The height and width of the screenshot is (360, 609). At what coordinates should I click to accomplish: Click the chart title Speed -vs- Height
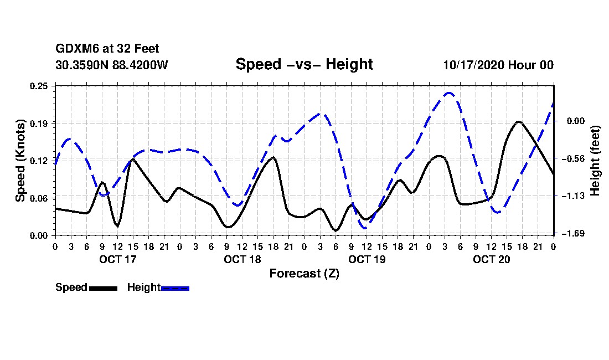coord(304,64)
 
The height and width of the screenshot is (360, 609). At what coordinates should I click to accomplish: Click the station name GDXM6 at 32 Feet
coord(107,49)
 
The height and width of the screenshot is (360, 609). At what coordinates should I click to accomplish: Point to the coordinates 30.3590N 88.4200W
coord(111,65)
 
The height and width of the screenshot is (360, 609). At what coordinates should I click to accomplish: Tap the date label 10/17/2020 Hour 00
coord(498,65)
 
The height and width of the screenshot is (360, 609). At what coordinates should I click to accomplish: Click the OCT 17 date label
coord(117,259)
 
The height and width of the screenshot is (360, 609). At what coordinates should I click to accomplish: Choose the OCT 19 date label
coord(367,259)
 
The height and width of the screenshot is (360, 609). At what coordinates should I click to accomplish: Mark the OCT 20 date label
coord(491,259)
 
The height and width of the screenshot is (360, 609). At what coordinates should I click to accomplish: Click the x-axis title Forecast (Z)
coord(304,273)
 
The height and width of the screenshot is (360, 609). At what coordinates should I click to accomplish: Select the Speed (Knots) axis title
coord(20,160)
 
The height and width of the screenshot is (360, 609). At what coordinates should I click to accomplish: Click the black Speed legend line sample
coord(102,287)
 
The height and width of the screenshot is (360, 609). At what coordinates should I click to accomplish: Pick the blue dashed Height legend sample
coord(175,287)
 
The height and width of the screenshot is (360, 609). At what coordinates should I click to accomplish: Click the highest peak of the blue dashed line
coord(449,93)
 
